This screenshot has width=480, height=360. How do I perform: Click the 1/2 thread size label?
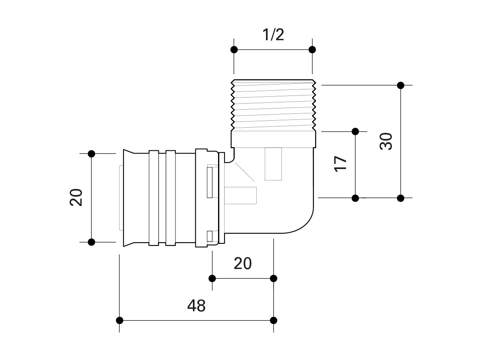(x=273, y=35)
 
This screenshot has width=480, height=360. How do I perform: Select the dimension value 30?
(x=387, y=141)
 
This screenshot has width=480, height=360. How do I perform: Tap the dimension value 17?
(x=341, y=163)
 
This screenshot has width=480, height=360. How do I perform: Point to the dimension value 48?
(x=197, y=306)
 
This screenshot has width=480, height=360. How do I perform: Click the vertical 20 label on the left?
(x=76, y=197)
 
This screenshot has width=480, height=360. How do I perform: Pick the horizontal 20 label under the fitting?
(x=243, y=264)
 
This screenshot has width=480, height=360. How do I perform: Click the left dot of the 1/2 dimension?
(x=234, y=50)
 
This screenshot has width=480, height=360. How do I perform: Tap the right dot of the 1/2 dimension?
(x=312, y=50)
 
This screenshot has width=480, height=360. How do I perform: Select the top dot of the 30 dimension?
(x=401, y=85)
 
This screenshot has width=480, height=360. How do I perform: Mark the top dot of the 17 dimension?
(x=355, y=131)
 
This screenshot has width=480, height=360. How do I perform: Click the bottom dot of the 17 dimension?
(x=355, y=198)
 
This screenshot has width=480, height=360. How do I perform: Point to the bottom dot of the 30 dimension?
(x=401, y=198)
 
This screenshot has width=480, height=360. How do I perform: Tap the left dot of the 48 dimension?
(x=120, y=320)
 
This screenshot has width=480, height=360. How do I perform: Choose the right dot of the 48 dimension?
(x=274, y=320)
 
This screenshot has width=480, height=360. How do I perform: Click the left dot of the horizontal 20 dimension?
(x=212, y=278)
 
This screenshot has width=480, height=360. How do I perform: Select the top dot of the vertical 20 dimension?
(x=91, y=154)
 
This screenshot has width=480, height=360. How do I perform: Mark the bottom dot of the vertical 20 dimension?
(x=91, y=242)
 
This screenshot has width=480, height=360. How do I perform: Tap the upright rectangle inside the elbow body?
(x=273, y=164)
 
